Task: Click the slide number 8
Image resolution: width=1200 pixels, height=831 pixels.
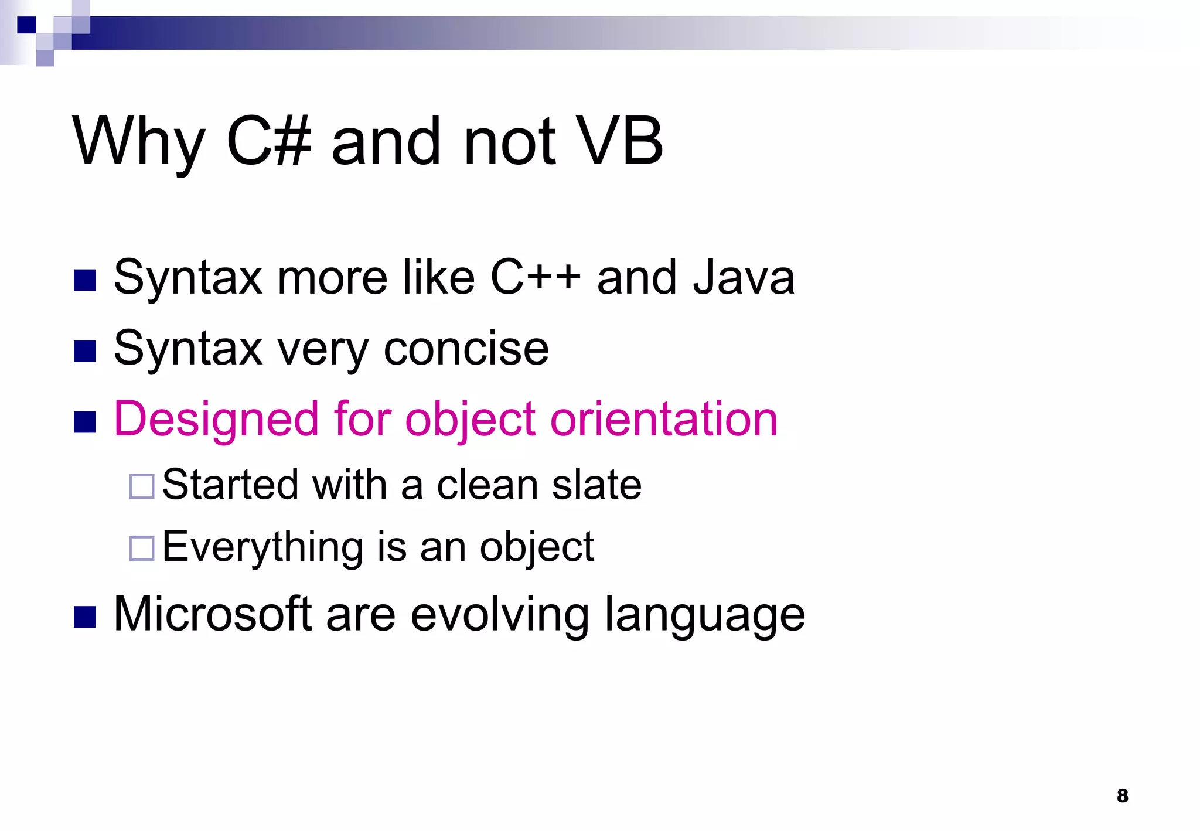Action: point(1122,795)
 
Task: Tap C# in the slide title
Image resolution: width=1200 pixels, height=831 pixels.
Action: point(268,141)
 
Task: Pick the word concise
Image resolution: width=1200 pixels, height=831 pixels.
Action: point(466,349)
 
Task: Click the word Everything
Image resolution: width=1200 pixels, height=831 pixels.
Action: point(262,547)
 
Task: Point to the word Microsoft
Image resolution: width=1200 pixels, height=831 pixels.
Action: point(212,614)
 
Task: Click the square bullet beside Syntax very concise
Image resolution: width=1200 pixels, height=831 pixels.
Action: point(85,352)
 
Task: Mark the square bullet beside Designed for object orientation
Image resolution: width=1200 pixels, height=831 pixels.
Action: point(85,422)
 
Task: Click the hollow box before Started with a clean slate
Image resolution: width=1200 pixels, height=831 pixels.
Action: point(142,486)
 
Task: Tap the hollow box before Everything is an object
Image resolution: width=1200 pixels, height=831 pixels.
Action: point(142,549)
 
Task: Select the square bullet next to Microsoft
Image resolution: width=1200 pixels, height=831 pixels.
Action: point(85,617)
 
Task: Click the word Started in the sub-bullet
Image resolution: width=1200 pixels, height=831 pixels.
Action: point(230,485)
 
